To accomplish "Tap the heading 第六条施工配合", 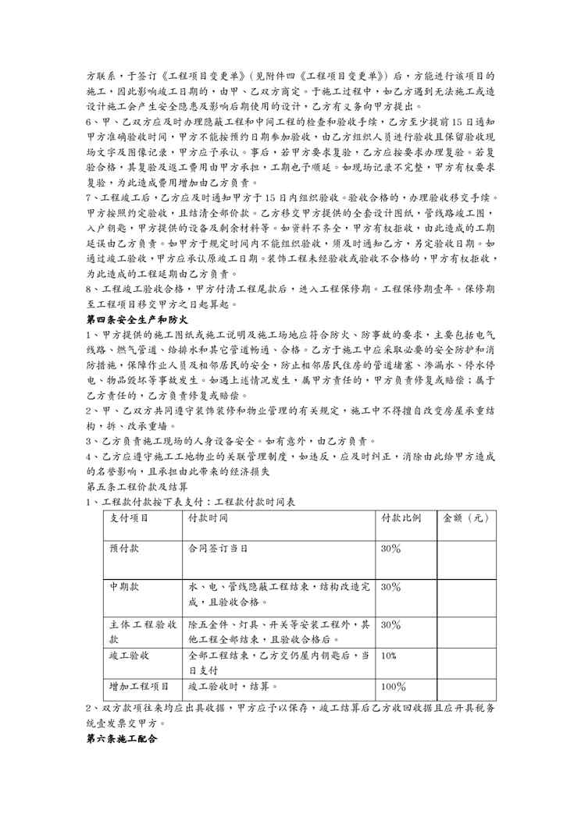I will pos(122,737).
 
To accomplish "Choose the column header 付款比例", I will pos(401,517).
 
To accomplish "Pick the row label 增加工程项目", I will pos(139,687).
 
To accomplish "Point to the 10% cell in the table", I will pos(389,656).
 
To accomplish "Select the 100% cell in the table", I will pos(393,687).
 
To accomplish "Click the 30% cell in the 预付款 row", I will pos(390,549).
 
